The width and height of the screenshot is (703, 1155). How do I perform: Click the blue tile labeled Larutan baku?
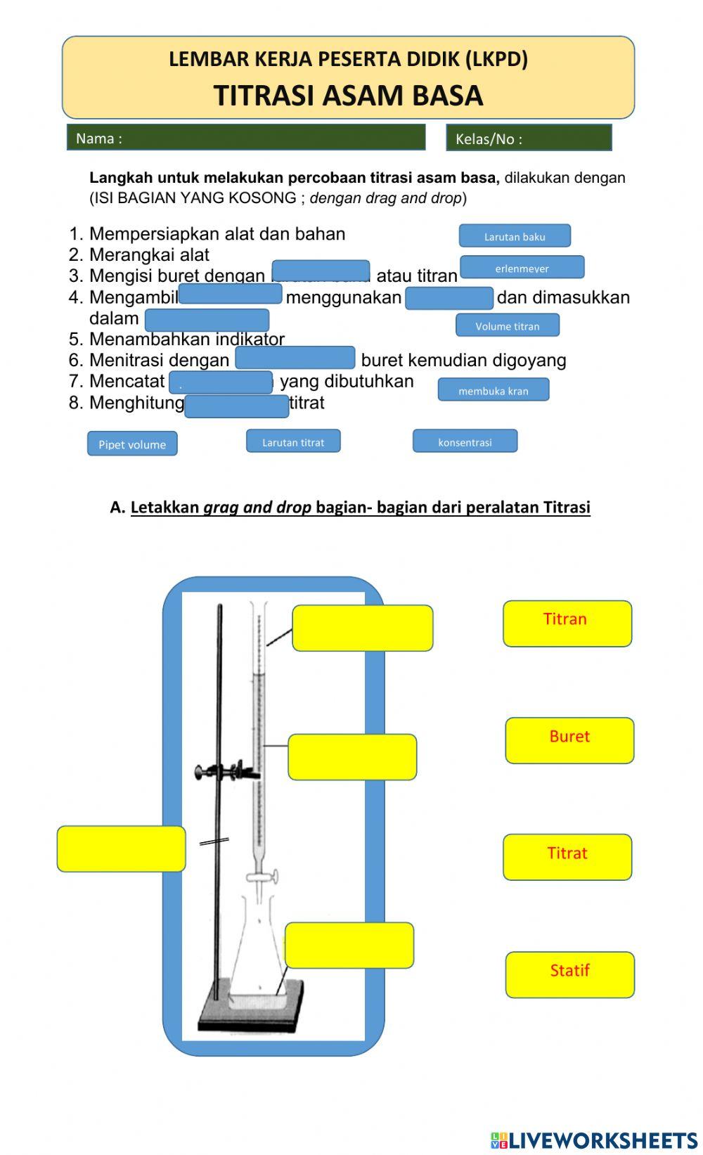point(515,236)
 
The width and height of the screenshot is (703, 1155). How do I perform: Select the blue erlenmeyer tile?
point(522,268)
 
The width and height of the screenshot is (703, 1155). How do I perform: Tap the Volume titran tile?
point(507,325)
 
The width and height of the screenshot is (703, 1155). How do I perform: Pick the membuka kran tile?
point(493,390)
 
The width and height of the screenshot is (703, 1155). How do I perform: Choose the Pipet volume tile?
point(132,444)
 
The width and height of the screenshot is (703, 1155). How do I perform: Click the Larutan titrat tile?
point(293,441)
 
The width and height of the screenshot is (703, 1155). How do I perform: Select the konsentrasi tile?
point(465,441)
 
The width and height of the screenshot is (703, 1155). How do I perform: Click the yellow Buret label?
point(569,740)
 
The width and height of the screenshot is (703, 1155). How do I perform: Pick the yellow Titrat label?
point(567,857)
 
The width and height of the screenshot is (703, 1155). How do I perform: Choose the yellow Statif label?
point(569,974)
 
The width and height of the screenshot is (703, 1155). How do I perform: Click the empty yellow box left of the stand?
point(121,849)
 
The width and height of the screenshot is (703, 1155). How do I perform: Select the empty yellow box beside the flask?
point(349,946)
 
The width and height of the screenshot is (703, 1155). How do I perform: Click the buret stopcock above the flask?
point(262,877)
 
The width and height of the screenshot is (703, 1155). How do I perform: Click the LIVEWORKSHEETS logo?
point(593,1140)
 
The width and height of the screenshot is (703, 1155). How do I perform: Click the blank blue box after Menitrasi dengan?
point(295,358)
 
